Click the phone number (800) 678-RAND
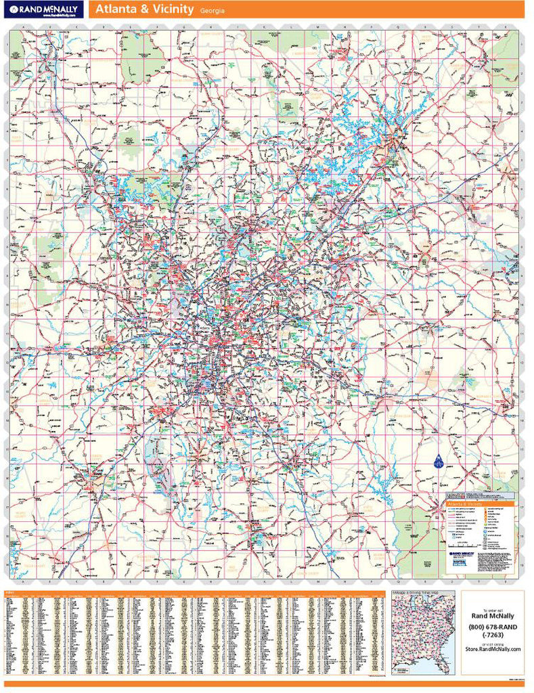(492, 627)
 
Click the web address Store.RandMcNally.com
(493, 649)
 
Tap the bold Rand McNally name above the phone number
(492, 616)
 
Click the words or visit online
(492, 643)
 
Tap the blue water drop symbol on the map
(437, 462)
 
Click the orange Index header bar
(196, 593)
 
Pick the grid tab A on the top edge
(24, 26)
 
